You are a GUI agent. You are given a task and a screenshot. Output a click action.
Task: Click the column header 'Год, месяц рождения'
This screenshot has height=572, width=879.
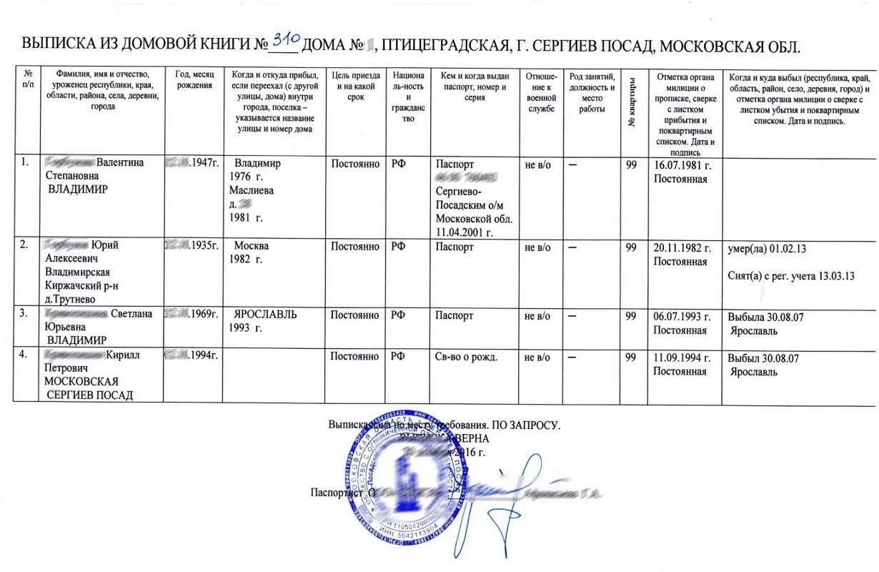193,81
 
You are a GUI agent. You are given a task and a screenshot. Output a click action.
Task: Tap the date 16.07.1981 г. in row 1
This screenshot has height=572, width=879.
684,164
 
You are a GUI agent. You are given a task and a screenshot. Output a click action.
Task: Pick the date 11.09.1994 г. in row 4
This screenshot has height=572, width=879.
684,357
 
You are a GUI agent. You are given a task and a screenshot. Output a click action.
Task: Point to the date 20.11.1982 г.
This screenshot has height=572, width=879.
684,248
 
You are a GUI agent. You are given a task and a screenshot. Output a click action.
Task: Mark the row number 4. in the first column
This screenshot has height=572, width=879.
25,355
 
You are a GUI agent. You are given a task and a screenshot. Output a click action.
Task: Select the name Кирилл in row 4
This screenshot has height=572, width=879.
125,355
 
